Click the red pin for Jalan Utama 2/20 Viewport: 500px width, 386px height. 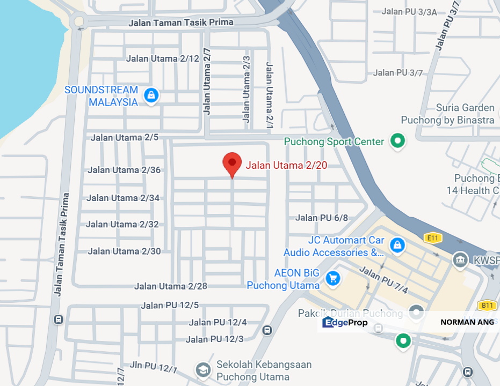(231, 163)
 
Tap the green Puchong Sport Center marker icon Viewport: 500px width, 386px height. (397, 141)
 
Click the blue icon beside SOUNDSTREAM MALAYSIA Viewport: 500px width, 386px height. (151, 96)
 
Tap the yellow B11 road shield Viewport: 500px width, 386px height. (487, 306)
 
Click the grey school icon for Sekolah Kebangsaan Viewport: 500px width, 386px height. (202, 369)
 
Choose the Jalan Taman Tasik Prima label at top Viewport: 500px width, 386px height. (181, 23)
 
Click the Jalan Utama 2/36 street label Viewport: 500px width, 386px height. (124, 170)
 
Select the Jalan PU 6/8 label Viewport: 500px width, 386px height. (322, 217)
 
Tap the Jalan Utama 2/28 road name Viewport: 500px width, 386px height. (171, 286)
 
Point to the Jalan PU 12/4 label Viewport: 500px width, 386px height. (218, 322)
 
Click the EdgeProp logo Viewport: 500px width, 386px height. (345, 322)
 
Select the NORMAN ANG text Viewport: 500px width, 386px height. (467, 322)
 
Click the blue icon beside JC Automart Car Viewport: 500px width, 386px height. (397, 245)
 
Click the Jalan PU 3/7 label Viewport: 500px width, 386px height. (398, 72)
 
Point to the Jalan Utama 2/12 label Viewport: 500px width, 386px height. (162, 58)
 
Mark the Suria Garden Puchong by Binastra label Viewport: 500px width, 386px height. (448, 114)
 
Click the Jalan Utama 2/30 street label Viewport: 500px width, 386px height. (124, 251)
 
